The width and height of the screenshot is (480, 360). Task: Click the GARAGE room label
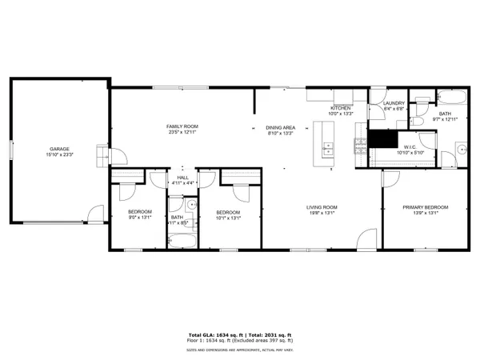click(58, 149)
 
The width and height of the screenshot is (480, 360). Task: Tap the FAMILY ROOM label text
click(182, 126)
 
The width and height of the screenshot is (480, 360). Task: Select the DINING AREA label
click(281, 127)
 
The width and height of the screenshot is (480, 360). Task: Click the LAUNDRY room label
click(394, 103)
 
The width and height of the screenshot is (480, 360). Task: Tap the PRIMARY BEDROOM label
click(425, 207)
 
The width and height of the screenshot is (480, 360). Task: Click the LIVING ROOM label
click(322, 207)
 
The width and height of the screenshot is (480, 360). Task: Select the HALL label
click(183, 178)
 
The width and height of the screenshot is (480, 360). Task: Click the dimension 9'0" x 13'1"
click(140, 217)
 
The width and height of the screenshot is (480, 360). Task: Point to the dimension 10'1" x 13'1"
click(228, 217)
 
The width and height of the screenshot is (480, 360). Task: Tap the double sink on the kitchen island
click(328, 148)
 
